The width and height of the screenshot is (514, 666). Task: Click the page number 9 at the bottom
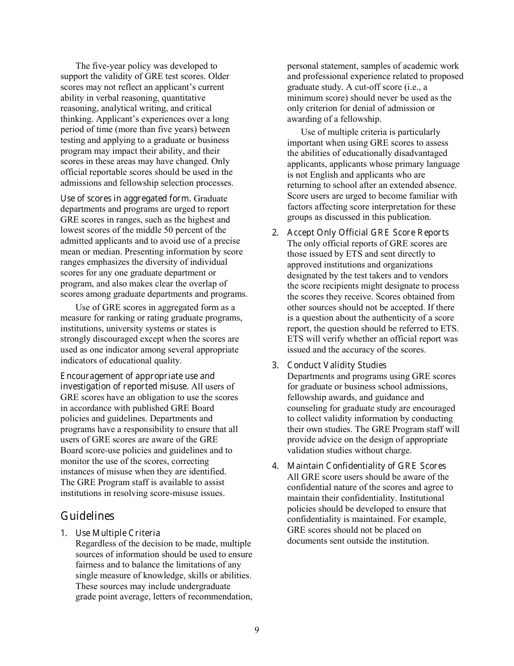256,630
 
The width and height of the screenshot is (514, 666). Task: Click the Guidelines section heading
87,515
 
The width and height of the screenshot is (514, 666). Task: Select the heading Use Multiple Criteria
117,533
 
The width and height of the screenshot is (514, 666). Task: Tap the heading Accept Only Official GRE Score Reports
367,233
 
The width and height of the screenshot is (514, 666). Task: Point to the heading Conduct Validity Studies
337,365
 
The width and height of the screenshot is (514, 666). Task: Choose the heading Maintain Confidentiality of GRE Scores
366,466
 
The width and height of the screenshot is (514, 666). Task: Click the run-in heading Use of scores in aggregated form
126,199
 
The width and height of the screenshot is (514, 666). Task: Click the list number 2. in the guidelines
275,233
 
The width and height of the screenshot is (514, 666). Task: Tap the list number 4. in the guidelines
275,466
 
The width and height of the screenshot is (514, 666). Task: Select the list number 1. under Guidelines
64,533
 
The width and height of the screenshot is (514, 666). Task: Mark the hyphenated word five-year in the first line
109,66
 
